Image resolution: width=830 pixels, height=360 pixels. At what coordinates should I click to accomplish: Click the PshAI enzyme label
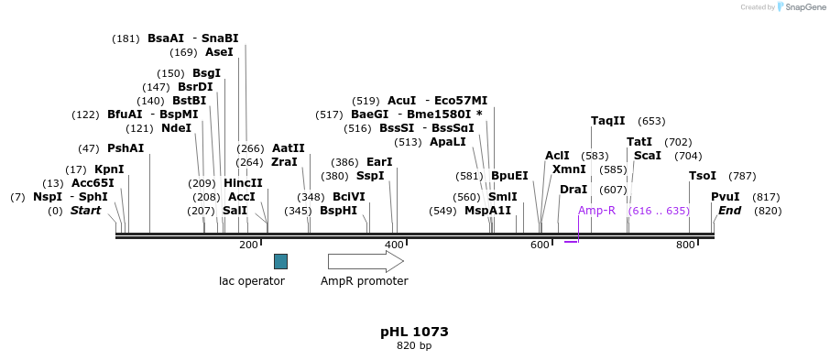coord(126,148)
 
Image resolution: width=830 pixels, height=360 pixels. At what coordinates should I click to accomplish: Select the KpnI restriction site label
coord(109,169)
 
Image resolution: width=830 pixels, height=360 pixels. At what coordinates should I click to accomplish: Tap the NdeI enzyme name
coord(177,128)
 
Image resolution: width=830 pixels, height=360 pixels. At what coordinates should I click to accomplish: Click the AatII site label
coord(289,148)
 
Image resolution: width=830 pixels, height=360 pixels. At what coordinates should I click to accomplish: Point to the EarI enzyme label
coord(379,162)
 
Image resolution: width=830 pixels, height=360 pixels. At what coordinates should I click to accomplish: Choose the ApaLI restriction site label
coord(448,142)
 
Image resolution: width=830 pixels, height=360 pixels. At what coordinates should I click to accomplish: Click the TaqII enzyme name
coord(608,121)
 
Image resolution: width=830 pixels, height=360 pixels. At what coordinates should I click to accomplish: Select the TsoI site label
coord(703,176)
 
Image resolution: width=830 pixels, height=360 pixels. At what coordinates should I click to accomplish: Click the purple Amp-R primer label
coord(596,211)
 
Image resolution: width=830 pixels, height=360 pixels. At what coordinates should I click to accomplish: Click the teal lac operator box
coord(280,261)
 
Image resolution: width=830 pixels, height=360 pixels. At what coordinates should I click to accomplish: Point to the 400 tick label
coord(394,245)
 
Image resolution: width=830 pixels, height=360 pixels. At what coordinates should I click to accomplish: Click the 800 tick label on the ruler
coord(685,245)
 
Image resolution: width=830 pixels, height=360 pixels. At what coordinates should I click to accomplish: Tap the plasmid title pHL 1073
coord(414,332)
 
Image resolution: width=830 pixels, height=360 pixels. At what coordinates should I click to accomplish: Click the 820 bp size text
coord(414,346)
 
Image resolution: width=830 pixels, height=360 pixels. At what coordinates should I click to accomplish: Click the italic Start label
coord(86,211)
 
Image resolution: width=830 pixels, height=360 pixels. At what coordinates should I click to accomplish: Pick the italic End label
coord(730,211)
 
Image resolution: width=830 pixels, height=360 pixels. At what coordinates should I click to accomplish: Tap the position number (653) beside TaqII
coord(651,121)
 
